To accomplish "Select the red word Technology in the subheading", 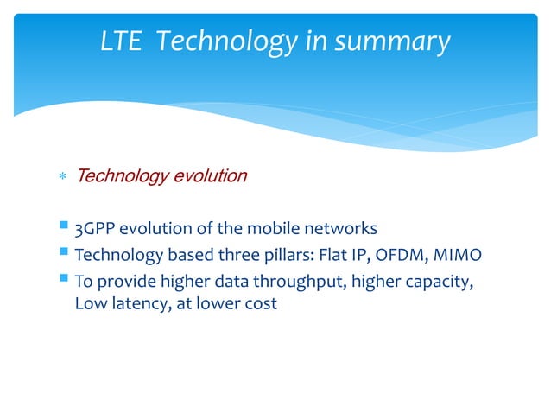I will [x=123, y=177].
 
